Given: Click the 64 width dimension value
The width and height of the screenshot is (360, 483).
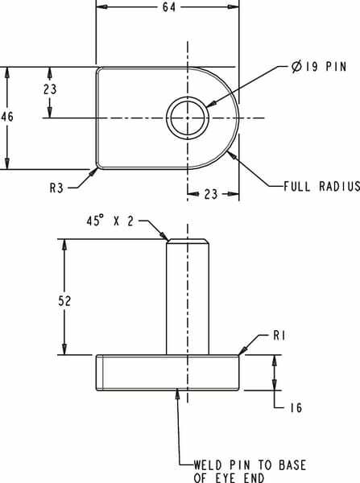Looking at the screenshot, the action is [x=169, y=6].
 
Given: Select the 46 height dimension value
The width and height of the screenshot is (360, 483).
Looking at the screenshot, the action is [x=6, y=117].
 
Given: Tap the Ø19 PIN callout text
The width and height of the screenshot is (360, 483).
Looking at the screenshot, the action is [x=319, y=67].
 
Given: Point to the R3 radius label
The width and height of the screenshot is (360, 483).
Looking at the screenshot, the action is [x=56, y=188].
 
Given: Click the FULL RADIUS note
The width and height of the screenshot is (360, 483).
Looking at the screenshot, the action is [x=321, y=187].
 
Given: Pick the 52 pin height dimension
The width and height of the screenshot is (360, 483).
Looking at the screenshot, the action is [x=64, y=301].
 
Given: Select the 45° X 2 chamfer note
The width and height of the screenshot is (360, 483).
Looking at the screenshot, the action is [x=110, y=221].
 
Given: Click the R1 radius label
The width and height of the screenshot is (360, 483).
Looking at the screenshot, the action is [x=279, y=336].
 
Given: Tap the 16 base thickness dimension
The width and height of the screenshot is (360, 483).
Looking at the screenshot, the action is [x=296, y=408].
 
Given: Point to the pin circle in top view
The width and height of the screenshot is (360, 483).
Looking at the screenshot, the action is [x=188, y=118].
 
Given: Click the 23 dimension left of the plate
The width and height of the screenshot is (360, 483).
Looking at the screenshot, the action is [x=50, y=89].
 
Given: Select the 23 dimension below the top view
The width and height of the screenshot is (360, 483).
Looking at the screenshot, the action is [x=211, y=194].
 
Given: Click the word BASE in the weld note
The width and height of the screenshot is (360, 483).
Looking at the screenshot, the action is [x=292, y=464].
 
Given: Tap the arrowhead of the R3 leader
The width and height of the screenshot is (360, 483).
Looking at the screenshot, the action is [x=93, y=172].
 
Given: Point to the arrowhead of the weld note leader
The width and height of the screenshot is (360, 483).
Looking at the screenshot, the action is [x=177, y=394].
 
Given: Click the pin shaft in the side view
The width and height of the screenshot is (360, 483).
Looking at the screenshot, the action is [x=188, y=297].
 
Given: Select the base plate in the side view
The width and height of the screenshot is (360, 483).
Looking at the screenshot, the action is [x=168, y=373].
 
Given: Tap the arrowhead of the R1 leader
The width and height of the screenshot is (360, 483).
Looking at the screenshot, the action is [x=243, y=351].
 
